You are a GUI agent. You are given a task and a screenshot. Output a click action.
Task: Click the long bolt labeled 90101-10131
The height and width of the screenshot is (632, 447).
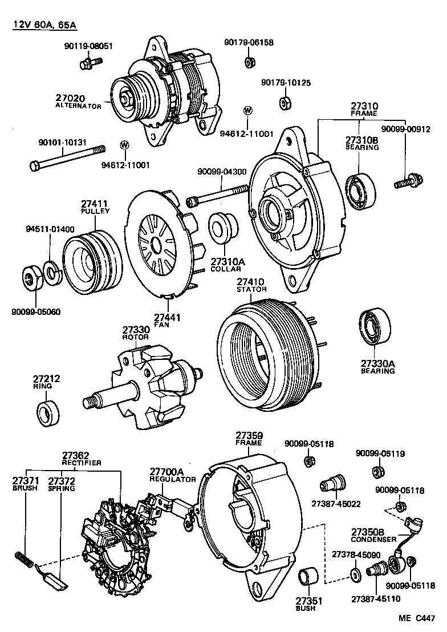[66, 158]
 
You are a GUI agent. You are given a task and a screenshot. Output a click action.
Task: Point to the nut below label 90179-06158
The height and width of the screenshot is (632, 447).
[249, 61]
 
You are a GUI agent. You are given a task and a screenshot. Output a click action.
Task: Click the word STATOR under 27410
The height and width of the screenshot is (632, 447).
[251, 289]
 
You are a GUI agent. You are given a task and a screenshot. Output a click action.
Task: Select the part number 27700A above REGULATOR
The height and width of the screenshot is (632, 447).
[167, 472]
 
